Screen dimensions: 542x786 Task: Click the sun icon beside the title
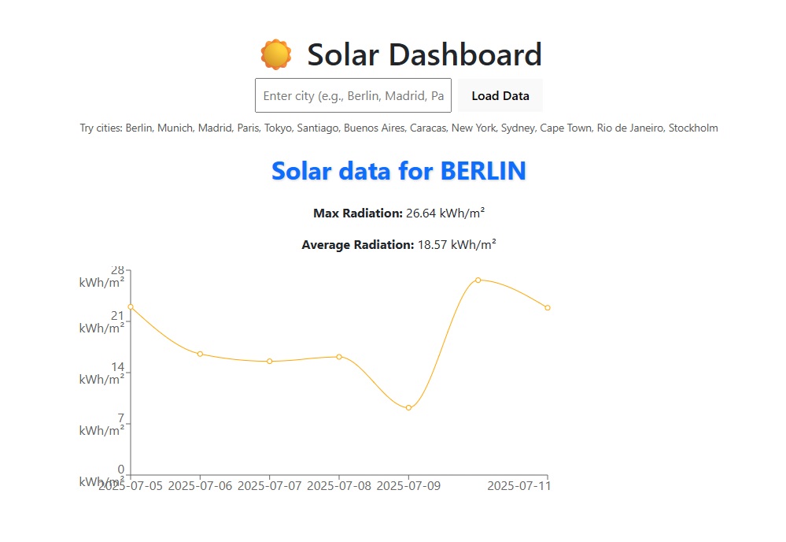click(x=275, y=55)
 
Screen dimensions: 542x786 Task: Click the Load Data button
click(x=500, y=96)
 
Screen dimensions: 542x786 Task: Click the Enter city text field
click(x=353, y=96)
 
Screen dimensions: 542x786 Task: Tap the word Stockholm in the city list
click(x=693, y=128)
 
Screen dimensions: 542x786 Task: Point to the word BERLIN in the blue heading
click(x=483, y=171)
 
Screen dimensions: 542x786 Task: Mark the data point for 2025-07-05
click(x=131, y=306)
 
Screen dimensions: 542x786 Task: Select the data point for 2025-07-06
click(x=200, y=354)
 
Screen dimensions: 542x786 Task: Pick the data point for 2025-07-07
click(x=270, y=362)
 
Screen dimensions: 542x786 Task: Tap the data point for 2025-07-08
click(x=339, y=357)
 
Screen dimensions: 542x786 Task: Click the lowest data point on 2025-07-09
click(x=408, y=407)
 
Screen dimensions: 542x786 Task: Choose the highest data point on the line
click(x=478, y=280)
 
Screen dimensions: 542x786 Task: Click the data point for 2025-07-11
click(x=548, y=307)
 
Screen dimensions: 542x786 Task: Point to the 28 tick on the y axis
click(x=117, y=269)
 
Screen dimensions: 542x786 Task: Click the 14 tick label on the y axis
click(x=117, y=366)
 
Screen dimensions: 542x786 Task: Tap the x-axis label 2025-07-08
click(x=339, y=486)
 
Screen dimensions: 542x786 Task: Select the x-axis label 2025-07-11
click(x=518, y=486)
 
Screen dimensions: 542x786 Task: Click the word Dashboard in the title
click(x=424, y=55)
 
